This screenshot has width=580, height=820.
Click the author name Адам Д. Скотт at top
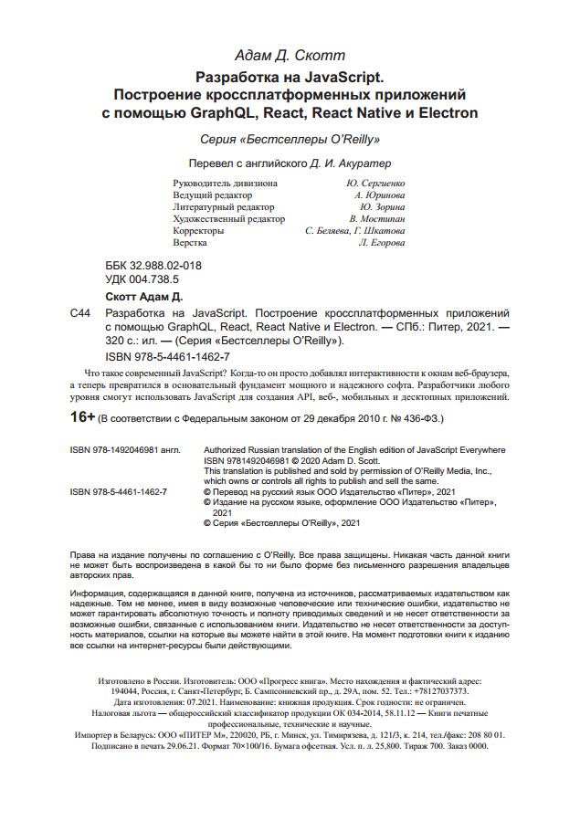(x=290, y=56)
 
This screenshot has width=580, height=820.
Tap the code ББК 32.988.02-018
(x=153, y=266)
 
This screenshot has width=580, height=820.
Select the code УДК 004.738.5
(x=142, y=279)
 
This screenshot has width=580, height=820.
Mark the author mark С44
(x=79, y=312)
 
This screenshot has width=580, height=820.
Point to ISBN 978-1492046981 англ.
(x=125, y=450)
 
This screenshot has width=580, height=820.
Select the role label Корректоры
(x=198, y=231)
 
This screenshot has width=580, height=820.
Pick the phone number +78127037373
(x=455, y=692)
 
